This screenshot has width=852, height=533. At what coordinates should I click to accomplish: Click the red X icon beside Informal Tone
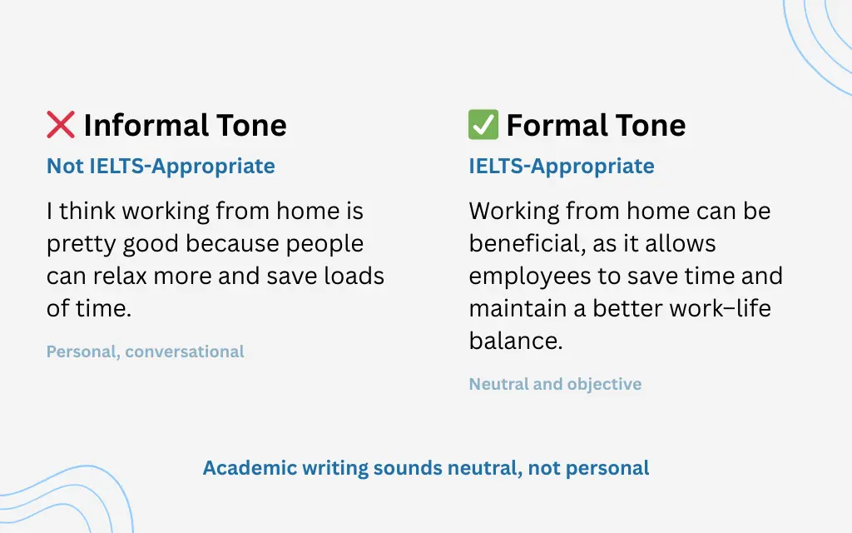coord(61,126)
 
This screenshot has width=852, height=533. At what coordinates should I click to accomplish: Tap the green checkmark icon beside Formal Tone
coord(483,126)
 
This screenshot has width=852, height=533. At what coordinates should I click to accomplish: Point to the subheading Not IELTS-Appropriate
coord(161,167)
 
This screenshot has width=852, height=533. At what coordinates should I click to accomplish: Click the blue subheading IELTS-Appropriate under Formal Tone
coord(562,167)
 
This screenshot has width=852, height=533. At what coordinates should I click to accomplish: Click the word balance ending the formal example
coord(514,340)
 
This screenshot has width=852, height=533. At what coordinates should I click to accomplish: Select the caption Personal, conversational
coord(146,351)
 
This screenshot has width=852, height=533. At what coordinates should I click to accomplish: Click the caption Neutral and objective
coord(555,384)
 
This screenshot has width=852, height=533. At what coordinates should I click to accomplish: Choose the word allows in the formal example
coord(677,244)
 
